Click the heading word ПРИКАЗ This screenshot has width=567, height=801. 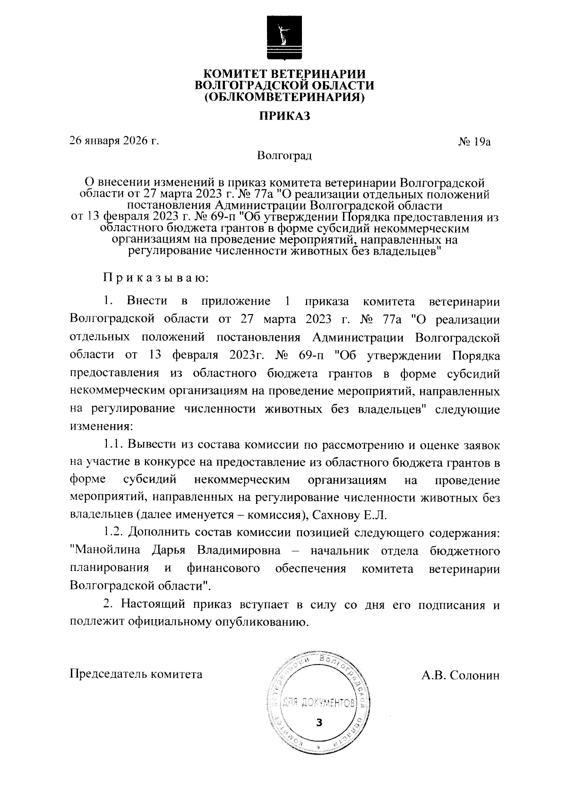[284, 116]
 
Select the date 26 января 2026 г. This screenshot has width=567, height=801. [113, 141]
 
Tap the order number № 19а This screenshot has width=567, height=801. [475, 141]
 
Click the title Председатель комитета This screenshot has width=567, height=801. [136, 674]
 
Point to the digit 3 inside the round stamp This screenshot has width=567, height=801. [318, 723]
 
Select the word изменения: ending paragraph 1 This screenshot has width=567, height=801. [102, 426]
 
